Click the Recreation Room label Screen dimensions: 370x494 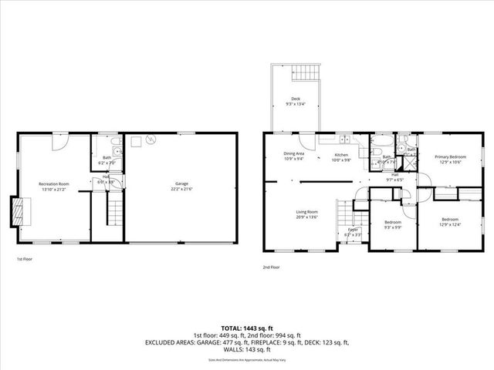(54, 183)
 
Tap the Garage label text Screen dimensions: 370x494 (182, 183)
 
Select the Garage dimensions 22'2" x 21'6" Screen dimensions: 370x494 (182, 190)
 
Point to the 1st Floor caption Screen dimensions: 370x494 (24, 260)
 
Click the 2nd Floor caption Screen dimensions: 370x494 (270, 267)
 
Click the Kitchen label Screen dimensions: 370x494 (342, 154)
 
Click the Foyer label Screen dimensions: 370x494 (352, 229)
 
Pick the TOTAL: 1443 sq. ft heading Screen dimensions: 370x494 (246, 328)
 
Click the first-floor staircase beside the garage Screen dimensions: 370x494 (113, 208)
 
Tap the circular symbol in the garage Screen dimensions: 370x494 (151, 140)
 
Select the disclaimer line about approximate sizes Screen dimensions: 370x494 (247, 360)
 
